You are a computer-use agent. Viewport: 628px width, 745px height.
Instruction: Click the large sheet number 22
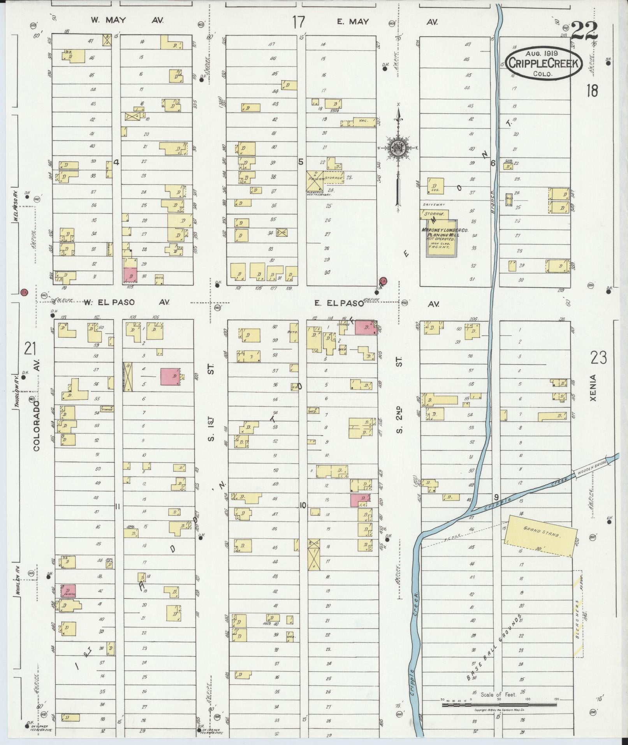(585, 31)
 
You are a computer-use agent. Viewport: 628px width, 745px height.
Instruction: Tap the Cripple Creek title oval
(544, 64)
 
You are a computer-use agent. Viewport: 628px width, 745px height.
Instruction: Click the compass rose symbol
(398, 148)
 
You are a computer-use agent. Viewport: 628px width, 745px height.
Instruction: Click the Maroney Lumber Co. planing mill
(442, 238)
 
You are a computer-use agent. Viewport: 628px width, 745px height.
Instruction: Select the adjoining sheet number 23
(598, 357)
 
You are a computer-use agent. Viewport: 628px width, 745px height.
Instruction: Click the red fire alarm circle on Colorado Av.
(25, 292)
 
